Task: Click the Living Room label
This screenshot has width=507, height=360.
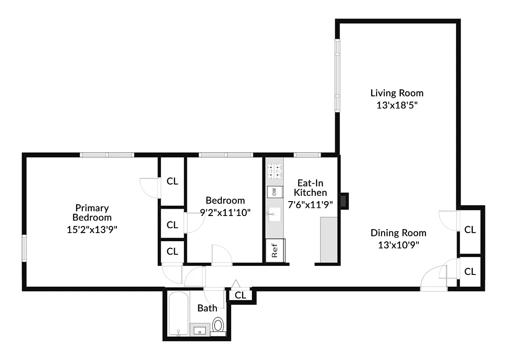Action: click(x=397, y=93)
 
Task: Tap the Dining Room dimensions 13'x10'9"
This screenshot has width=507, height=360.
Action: click(x=398, y=245)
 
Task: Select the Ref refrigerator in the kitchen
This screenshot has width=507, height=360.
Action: click(x=274, y=251)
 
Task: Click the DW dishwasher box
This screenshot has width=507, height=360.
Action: click(x=273, y=192)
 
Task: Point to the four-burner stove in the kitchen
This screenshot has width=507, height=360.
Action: click(x=274, y=171)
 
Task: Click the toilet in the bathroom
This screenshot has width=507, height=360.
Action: click(x=218, y=324)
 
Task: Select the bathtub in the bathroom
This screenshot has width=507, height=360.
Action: click(x=179, y=314)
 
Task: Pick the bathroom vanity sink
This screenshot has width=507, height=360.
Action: click(x=200, y=330)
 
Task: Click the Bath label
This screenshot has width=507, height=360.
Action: click(x=207, y=308)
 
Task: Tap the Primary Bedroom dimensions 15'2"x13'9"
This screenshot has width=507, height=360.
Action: click(x=92, y=229)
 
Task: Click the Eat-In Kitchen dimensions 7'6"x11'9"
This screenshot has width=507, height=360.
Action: click(x=310, y=204)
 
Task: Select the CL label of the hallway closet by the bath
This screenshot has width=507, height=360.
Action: click(x=241, y=296)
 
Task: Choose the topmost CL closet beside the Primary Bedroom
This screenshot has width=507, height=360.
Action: click(x=172, y=181)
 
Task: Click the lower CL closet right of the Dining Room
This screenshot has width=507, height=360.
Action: click(x=470, y=271)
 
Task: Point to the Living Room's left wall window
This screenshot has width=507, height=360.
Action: click(x=337, y=75)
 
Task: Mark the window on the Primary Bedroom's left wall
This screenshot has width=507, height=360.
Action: click(x=24, y=248)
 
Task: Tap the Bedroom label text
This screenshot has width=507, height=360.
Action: click(x=225, y=201)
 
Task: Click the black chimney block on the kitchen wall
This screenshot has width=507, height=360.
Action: click(x=344, y=201)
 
